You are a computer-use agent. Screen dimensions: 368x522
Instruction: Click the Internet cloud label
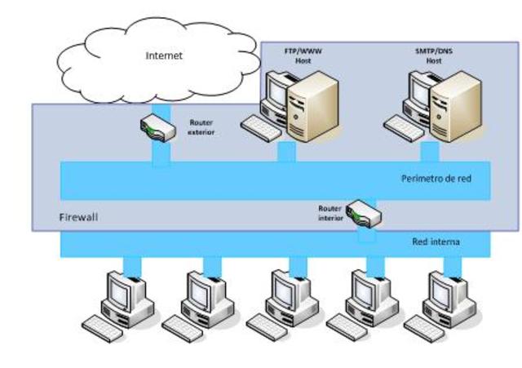tap(164, 55)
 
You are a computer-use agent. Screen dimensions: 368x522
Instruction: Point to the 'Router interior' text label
tap(330, 213)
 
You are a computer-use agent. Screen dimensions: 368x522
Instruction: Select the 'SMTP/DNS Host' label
tap(434, 55)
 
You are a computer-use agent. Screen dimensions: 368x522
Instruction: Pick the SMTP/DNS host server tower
tap(456, 106)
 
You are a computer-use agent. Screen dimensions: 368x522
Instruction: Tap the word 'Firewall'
tap(78, 219)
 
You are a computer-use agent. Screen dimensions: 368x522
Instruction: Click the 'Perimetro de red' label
tap(436, 179)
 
